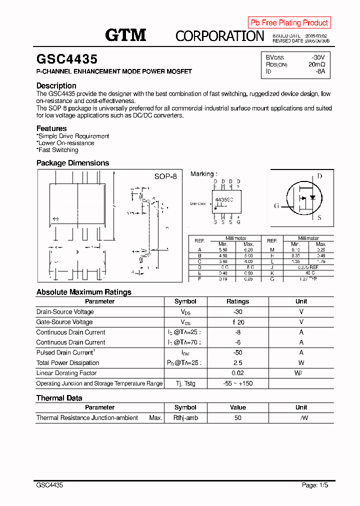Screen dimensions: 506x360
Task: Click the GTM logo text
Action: pos(125,35)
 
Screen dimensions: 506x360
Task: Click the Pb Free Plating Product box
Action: pos(289,22)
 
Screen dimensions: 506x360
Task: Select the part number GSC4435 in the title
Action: pos(67,59)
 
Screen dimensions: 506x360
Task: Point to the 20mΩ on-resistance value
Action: pos(316,64)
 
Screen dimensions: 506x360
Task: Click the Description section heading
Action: pos(56,85)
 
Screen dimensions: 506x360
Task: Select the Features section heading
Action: pos(51,128)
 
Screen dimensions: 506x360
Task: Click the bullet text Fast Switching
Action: pos(58,150)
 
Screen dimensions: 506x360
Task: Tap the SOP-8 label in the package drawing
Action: pos(165,176)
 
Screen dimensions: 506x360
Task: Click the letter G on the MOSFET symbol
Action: pos(276,205)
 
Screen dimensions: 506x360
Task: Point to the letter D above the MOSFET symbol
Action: pos(319,176)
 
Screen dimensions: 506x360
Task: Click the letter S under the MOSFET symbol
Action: pos(319,217)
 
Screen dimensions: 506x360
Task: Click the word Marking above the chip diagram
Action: pos(202,174)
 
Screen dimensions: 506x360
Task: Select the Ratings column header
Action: pos(237,301)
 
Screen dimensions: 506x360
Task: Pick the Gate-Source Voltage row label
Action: pos(64,322)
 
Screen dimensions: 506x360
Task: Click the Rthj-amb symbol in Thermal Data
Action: pos(185,417)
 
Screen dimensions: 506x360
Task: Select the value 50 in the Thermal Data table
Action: pos(237,417)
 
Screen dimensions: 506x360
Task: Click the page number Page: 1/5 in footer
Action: pos(315,485)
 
